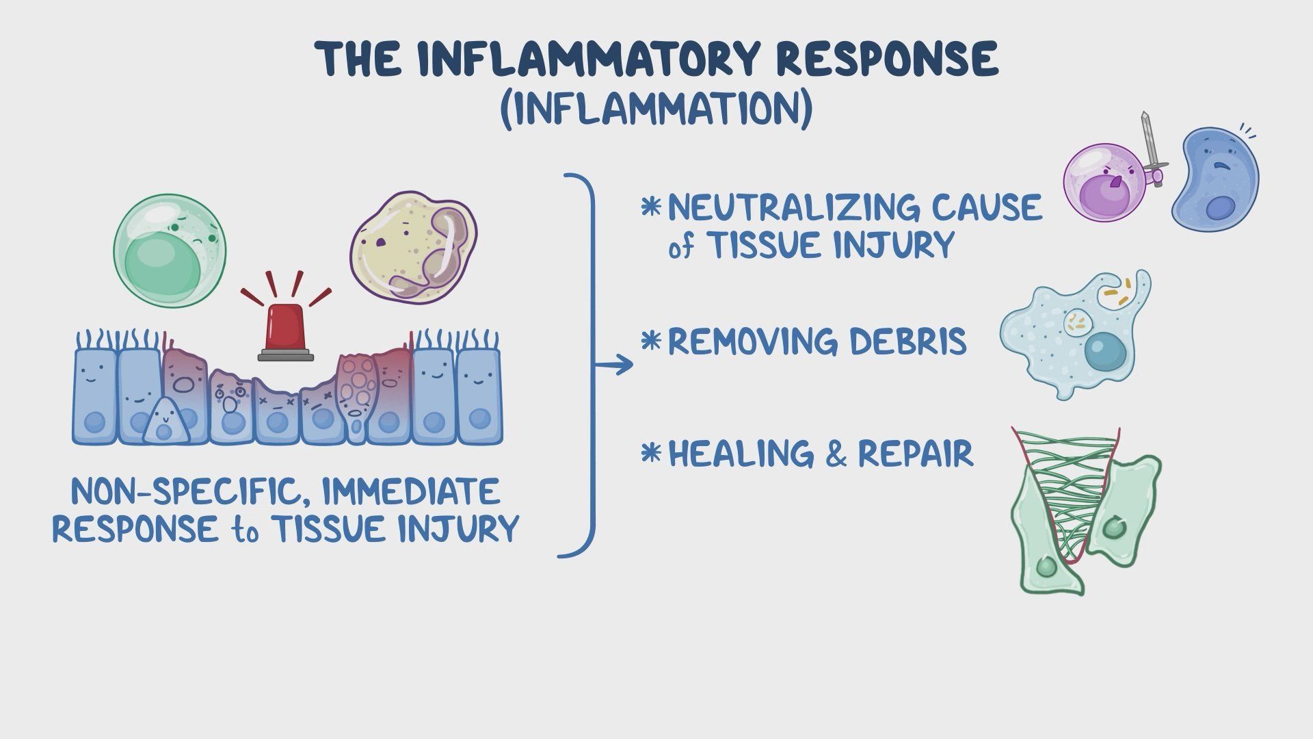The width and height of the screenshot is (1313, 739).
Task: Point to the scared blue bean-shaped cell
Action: click(1215, 181)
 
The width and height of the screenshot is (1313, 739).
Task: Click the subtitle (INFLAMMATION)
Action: click(656, 110)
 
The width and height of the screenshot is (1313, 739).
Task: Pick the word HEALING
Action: click(742, 454)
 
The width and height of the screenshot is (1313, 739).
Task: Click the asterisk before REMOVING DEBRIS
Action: click(651, 339)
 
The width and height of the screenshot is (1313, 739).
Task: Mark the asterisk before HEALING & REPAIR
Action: click(651, 452)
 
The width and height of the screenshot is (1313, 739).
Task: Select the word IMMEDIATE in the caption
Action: click(410, 491)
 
